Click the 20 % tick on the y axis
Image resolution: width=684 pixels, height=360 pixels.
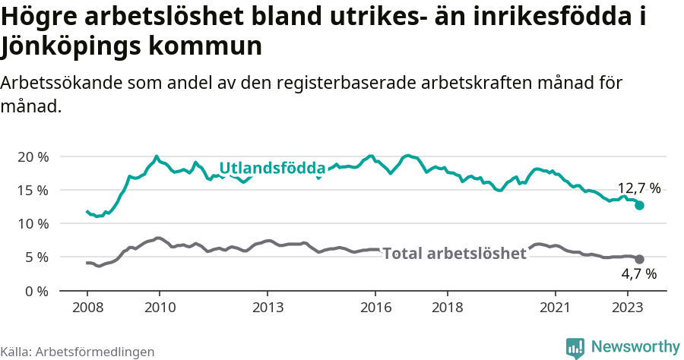(x=33, y=156)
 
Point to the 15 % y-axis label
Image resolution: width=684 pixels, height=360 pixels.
(x=33, y=190)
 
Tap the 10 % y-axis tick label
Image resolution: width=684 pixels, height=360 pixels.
(x=33, y=223)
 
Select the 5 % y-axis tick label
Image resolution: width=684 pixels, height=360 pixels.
(x=36, y=257)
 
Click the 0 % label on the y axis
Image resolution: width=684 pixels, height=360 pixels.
(x=36, y=290)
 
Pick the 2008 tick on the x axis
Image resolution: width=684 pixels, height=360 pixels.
(x=87, y=308)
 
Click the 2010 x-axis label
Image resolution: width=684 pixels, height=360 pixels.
(x=159, y=308)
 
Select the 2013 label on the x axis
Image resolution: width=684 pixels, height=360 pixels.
(x=268, y=308)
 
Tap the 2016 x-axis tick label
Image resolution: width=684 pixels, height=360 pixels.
(x=375, y=308)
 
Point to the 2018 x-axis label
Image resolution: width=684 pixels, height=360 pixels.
(x=448, y=308)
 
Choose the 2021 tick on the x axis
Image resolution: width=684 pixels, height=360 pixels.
(x=556, y=308)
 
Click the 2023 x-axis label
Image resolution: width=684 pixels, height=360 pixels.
(x=628, y=308)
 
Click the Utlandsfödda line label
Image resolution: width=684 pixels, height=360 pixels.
(x=272, y=169)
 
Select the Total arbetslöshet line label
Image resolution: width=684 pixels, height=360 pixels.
(x=454, y=254)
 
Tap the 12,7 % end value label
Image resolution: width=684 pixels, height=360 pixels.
(x=639, y=188)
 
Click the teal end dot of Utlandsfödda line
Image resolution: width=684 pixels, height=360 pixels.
(x=640, y=205)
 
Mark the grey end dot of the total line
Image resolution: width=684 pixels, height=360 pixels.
(x=640, y=259)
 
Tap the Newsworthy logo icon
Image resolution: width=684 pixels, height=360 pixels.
(x=575, y=347)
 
